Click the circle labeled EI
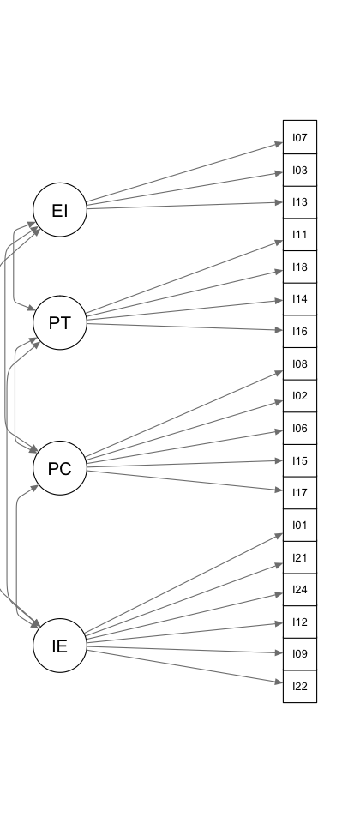60,210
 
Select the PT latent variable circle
60,323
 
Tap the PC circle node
60,468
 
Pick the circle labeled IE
60,646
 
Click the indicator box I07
300,137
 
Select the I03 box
300,170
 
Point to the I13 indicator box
300,202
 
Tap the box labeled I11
300,235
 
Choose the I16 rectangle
300,331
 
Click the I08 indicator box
300,363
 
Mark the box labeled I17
300,493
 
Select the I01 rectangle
300,525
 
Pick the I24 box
300,590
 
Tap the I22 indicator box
300,686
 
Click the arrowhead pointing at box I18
279,271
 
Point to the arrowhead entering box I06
279,431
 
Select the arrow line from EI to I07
185,172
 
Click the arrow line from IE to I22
185,667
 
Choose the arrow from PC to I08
184,415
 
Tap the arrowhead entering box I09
279,653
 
